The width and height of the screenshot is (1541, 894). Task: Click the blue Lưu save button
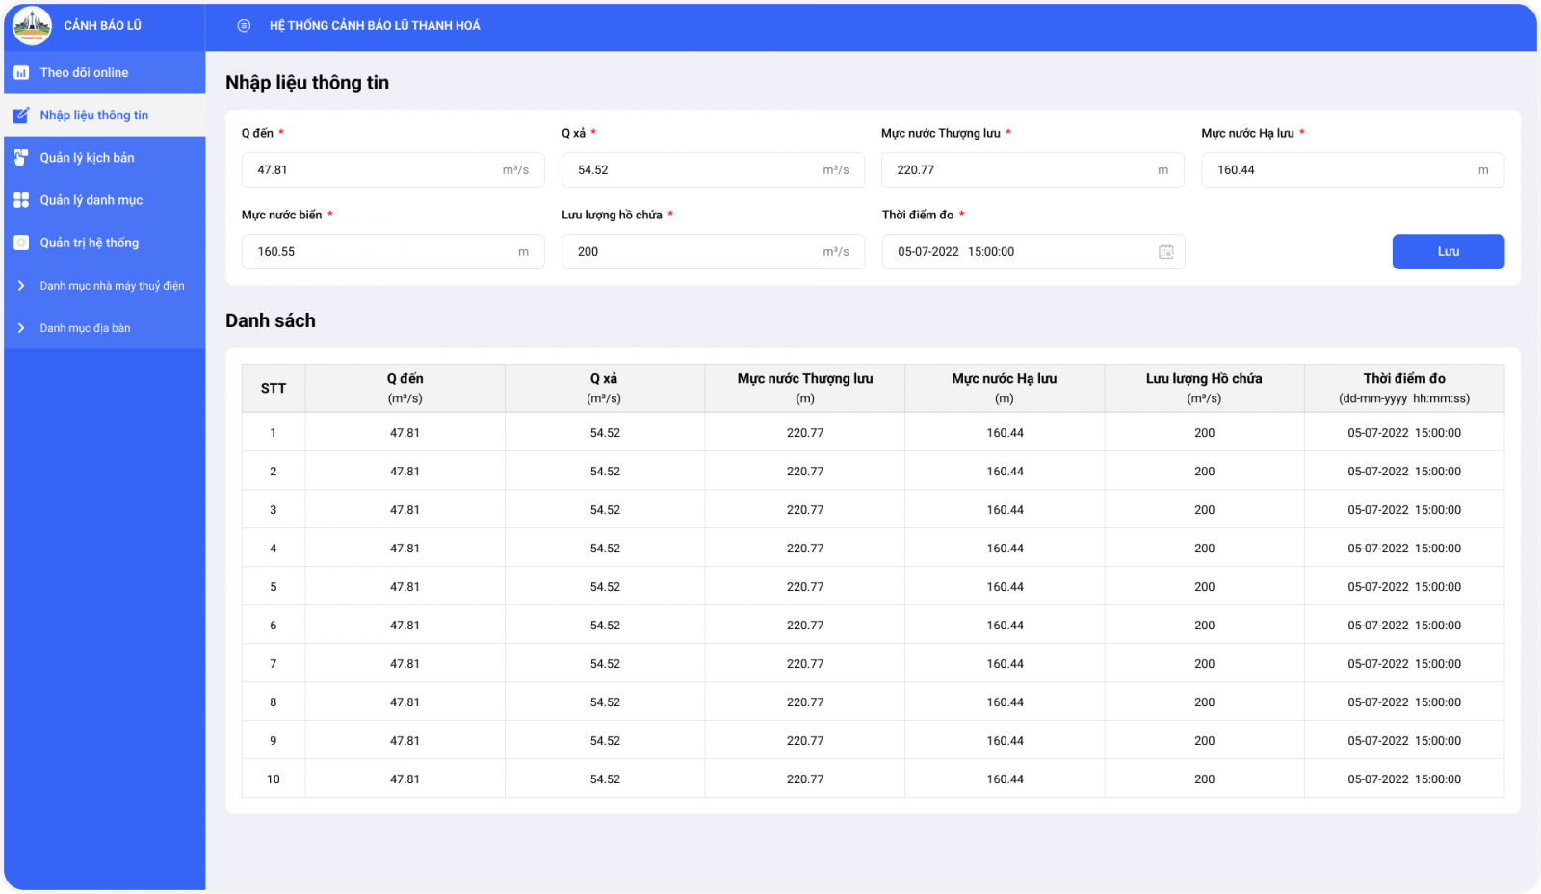[1449, 251]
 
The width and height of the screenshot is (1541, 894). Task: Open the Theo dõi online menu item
[105, 72]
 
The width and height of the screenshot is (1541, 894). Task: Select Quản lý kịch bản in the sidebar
[105, 158]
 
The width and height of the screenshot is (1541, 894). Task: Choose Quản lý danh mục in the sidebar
[105, 200]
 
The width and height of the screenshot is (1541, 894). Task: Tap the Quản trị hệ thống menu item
[105, 243]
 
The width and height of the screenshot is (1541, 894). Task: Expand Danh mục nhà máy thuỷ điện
[105, 285]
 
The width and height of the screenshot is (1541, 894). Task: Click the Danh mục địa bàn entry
[105, 328]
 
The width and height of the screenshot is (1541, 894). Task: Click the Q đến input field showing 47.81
[393, 169]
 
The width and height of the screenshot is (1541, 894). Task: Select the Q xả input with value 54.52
[713, 169]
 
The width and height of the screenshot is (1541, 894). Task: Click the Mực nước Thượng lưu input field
[1032, 169]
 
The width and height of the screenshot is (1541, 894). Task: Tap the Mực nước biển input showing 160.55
[393, 251]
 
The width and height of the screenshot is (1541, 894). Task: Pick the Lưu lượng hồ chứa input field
[713, 251]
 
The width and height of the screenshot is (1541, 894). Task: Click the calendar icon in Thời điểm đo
[1165, 251]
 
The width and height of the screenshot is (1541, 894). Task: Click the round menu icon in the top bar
[244, 25]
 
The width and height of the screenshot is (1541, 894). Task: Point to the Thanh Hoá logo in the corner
[32, 25]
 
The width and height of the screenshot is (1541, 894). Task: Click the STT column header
[274, 388]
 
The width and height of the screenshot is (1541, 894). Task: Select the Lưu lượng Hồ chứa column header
[1204, 388]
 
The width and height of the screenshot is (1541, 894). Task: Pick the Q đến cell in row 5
[405, 586]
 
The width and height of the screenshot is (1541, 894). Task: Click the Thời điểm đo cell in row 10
[1404, 779]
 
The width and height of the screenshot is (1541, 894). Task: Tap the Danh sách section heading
[271, 320]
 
